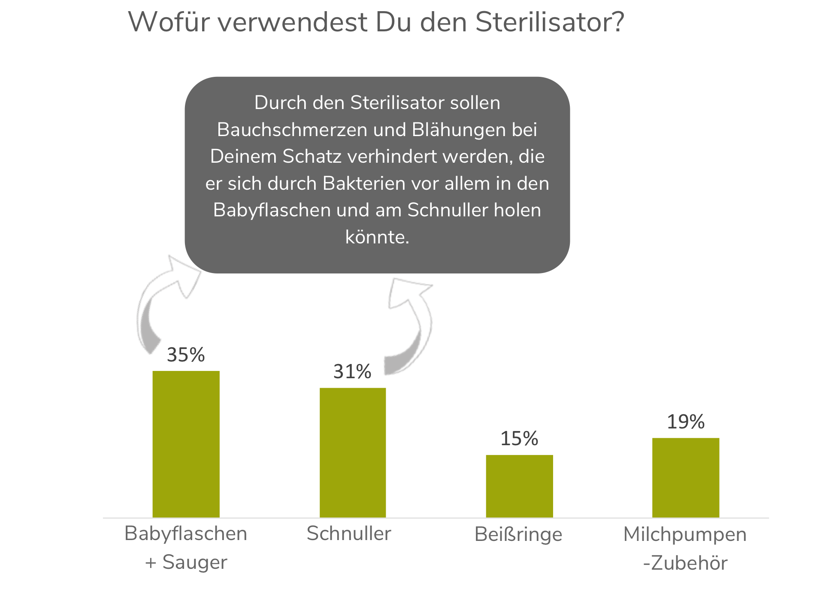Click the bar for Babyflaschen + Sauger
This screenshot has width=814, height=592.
click(x=186, y=444)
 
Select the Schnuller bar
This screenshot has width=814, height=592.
click(x=353, y=452)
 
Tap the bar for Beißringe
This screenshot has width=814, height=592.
click(x=519, y=486)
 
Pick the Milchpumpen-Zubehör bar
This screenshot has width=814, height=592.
click(x=686, y=477)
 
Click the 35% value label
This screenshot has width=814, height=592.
click(x=186, y=355)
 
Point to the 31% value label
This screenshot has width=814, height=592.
click(x=352, y=372)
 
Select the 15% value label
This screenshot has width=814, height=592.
click(x=519, y=439)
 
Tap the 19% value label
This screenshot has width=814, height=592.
click(x=686, y=422)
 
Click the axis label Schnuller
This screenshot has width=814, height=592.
click(x=349, y=534)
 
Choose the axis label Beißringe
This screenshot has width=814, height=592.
click(x=518, y=535)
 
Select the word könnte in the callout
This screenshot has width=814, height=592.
click(x=377, y=237)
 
